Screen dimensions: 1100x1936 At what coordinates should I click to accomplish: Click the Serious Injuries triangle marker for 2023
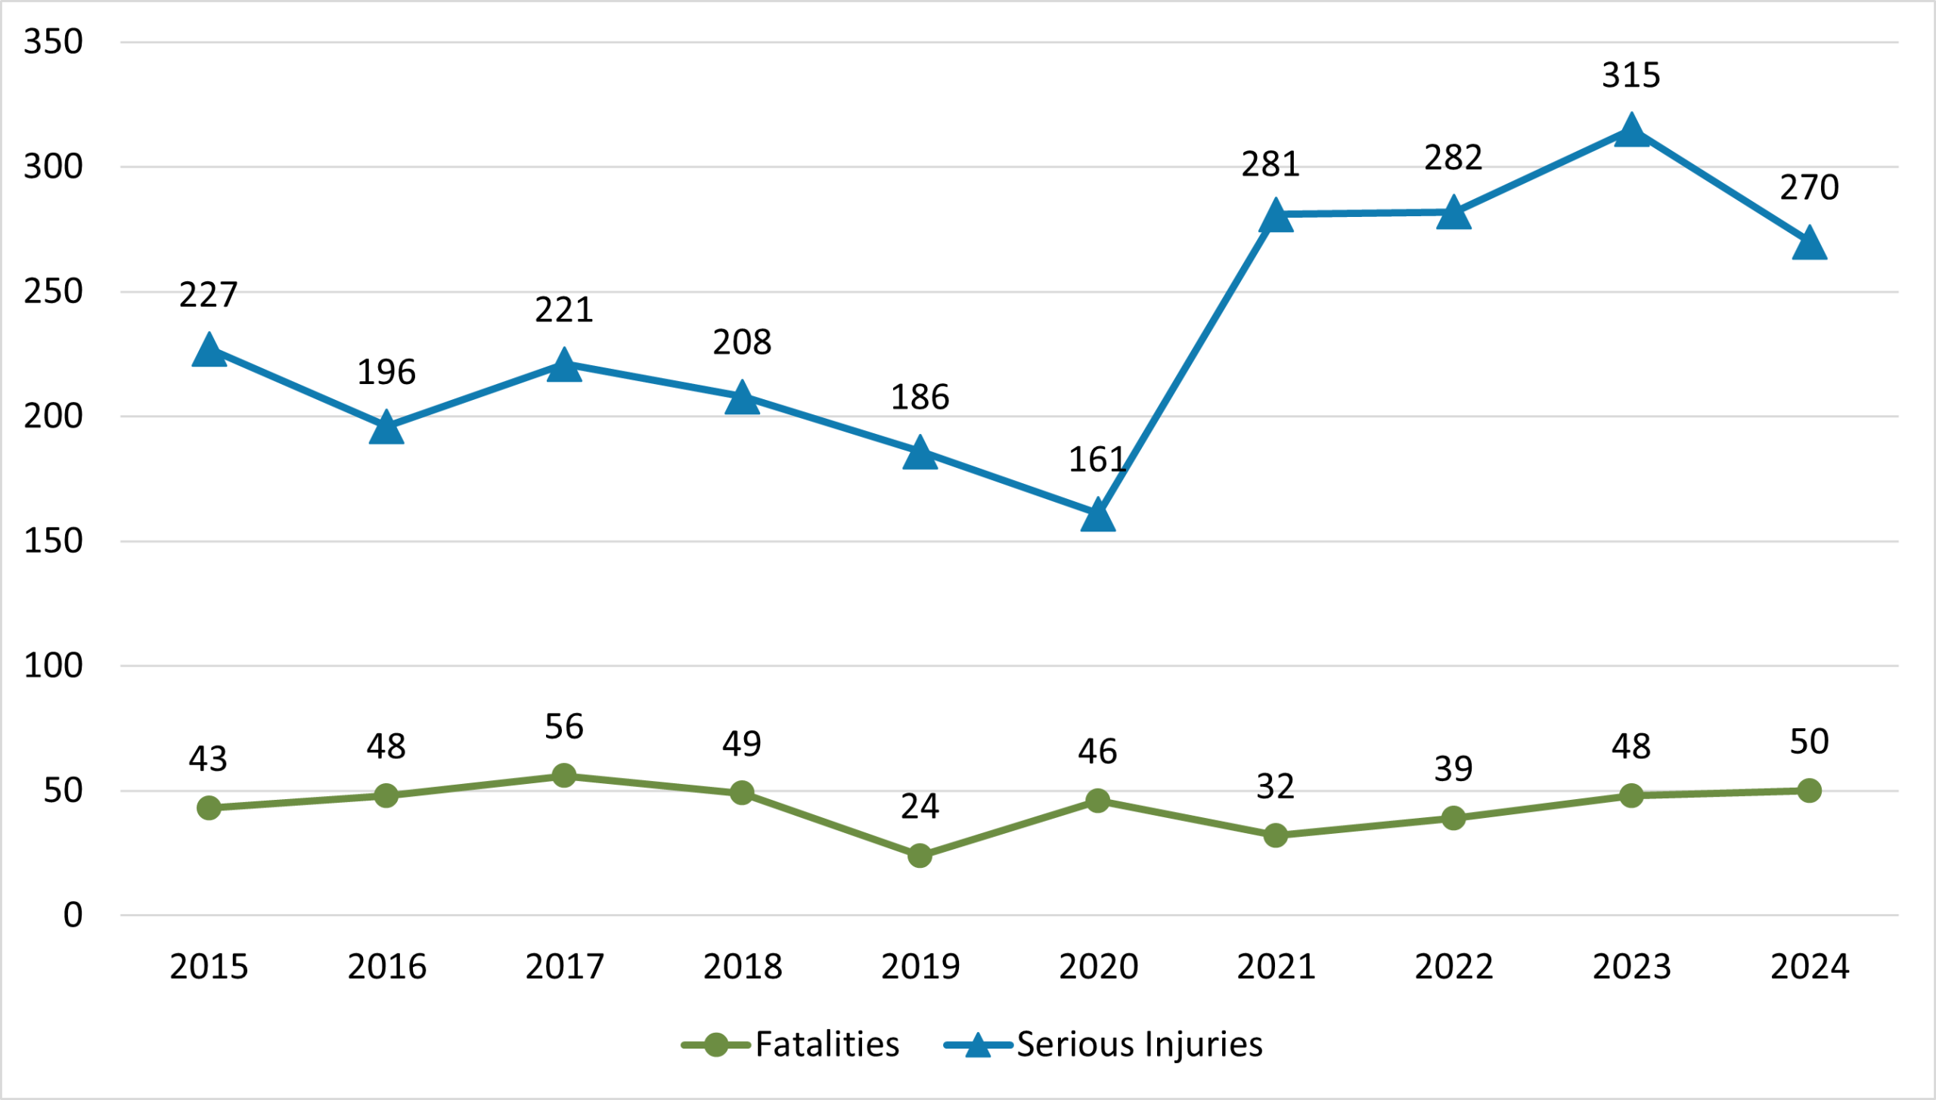pyautogui.click(x=1631, y=132)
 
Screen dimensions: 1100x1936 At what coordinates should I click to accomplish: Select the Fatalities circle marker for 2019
pyautogui.click(x=920, y=856)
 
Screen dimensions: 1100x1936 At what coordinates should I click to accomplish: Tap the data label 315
pyautogui.click(x=1631, y=76)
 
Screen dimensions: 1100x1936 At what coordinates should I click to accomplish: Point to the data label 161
pyautogui.click(x=1097, y=460)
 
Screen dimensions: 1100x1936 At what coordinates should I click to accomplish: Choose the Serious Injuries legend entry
pyautogui.click(x=1103, y=1045)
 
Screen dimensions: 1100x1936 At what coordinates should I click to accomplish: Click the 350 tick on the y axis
pyautogui.click(x=53, y=42)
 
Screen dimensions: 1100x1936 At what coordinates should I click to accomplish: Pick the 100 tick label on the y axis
pyautogui.click(x=53, y=666)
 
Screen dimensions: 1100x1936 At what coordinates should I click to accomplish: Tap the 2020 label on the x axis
pyautogui.click(x=1098, y=967)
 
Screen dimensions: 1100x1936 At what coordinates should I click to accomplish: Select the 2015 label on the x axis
pyautogui.click(x=209, y=967)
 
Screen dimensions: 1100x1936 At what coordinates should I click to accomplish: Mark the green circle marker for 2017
pyautogui.click(x=564, y=776)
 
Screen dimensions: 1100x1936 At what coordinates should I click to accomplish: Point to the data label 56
pyautogui.click(x=564, y=727)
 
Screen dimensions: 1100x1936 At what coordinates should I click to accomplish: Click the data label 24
pyautogui.click(x=920, y=807)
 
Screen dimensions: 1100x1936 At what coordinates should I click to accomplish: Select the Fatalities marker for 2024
pyautogui.click(x=1809, y=791)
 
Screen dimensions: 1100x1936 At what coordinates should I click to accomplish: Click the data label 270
pyautogui.click(x=1809, y=187)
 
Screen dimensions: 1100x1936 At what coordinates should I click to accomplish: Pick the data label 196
pyautogui.click(x=386, y=373)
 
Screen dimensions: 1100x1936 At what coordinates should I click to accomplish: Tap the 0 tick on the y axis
pyautogui.click(x=73, y=916)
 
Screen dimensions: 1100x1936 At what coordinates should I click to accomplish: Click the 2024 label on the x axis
pyautogui.click(x=1809, y=967)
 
